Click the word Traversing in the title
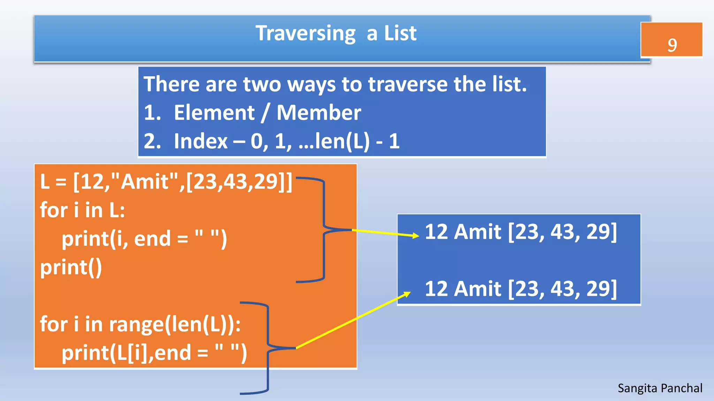[305, 34]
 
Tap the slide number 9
[672, 45]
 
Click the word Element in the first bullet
[214, 113]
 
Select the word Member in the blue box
[319, 113]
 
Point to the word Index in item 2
[200, 141]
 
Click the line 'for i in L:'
[82, 210]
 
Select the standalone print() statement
[71, 267]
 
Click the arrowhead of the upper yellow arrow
[416, 236]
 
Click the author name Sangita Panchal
[660, 388]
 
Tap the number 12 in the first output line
[436, 232]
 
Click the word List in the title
[400, 34]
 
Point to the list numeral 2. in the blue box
[152, 141]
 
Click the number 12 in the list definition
[91, 182]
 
